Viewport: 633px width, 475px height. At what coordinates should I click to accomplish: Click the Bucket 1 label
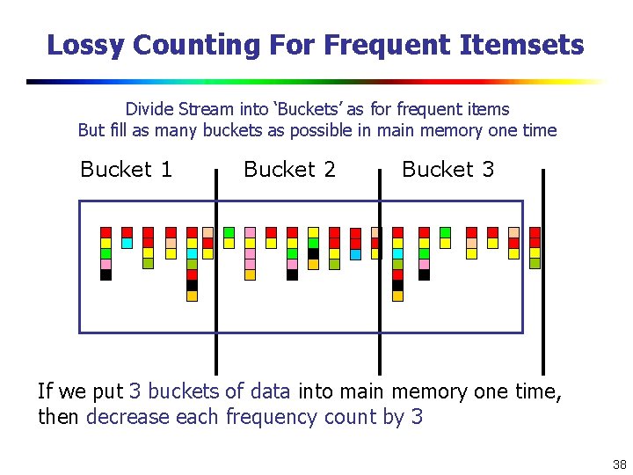point(126,169)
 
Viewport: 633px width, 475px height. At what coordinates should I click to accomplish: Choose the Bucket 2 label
point(289,169)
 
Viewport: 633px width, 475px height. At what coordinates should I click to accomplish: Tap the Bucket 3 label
point(447,169)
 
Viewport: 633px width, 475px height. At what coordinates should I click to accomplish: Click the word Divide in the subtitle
point(149,109)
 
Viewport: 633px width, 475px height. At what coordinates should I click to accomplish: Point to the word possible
point(372,130)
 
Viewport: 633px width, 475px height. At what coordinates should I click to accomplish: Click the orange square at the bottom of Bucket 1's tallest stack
point(192,296)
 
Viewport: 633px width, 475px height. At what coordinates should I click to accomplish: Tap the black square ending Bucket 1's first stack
point(105,274)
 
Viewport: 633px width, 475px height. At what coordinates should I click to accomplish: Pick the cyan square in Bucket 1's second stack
point(127,243)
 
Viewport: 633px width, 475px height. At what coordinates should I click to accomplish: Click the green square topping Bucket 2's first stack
point(229,232)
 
